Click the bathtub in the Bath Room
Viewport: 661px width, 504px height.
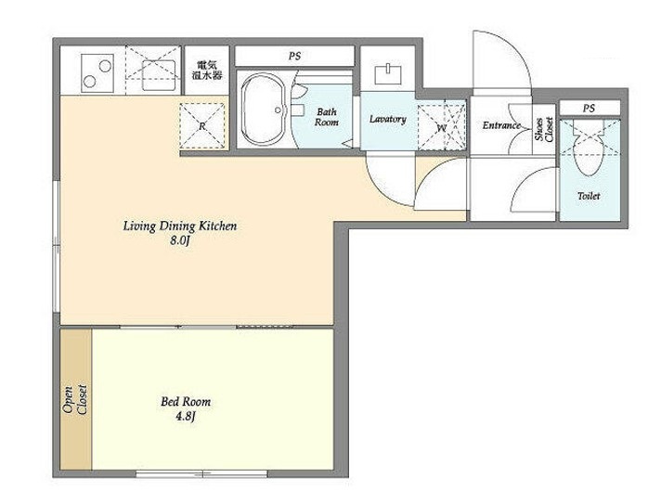pyautogui.click(x=264, y=110)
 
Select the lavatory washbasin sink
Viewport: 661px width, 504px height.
pyautogui.click(x=387, y=73)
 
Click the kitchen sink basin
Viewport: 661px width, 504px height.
pyautogui.click(x=159, y=75)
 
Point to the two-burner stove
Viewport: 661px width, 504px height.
pyautogui.click(x=97, y=72)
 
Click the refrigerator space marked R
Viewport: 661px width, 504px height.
pyautogui.click(x=202, y=125)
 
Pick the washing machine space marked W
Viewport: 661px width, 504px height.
pyautogui.click(x=441, y=125)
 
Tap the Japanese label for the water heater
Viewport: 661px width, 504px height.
pyautogui.click(x=207, y=71)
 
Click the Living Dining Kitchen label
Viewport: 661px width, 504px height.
pyautogui.click(x=180, y=226)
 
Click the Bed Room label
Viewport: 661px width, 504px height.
pyautogui.click(x=186, y=402)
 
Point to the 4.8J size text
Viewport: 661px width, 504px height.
pyautogui.click(x=185, y=417)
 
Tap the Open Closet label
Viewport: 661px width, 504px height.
pyautogui.click(x=74, y=399)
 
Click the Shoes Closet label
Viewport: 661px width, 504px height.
pyautogui.click(x=543, y=129)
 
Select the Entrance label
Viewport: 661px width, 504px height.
pyautogui.click(x=501, y=125)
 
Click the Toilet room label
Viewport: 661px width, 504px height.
pyautogui.click(x=589, y=196)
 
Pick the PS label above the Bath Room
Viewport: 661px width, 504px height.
pyautogui.click(x=294, y=56)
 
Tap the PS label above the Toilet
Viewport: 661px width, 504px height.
pyautogui.click(x=589, y=109)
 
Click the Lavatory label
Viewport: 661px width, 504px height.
pyautogui.click(x=388, y=119)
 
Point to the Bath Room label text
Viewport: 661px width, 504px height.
pyautogui.click(x=327, y=117)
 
